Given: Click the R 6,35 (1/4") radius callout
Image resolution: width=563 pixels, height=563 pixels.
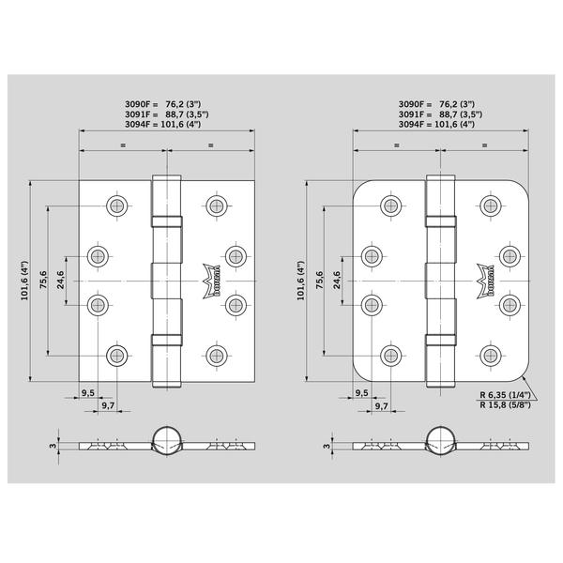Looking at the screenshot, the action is point(505,395).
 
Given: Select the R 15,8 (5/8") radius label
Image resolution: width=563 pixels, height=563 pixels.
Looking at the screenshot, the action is point(505,405).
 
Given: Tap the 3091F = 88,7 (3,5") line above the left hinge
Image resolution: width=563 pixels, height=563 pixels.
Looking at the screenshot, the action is point(167,114).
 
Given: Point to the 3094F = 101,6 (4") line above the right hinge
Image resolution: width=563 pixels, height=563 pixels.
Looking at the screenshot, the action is point(436,124).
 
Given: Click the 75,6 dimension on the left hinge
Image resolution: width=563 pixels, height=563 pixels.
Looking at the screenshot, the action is point(43,280).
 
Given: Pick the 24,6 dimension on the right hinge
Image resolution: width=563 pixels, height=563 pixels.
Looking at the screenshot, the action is point(337,280).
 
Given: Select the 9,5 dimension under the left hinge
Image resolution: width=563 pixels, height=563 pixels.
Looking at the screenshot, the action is point(87,393).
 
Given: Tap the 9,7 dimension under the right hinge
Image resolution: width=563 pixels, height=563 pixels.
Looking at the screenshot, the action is point(381,405).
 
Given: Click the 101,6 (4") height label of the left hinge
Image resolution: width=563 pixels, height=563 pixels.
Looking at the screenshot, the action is point(24,281).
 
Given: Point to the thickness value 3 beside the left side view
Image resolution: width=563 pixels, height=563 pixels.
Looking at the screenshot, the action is point(53,446).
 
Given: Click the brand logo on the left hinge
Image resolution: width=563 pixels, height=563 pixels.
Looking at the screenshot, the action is point(211,281).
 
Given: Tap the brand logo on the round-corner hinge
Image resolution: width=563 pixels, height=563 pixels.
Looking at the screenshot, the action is point(485,281).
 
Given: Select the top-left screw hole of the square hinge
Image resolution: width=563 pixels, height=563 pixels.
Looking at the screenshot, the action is point(117,206).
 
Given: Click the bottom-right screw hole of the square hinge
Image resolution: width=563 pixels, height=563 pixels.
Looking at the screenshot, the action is point(217,356).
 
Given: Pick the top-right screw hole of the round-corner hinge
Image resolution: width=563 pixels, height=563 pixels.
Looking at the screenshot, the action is point(491,206).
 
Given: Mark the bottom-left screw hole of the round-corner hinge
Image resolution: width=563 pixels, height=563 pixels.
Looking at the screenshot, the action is point(391,356).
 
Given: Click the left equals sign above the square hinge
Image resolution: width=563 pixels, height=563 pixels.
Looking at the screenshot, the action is point(123,145).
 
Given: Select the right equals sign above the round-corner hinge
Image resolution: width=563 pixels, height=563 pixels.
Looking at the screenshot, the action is point(485,145).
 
